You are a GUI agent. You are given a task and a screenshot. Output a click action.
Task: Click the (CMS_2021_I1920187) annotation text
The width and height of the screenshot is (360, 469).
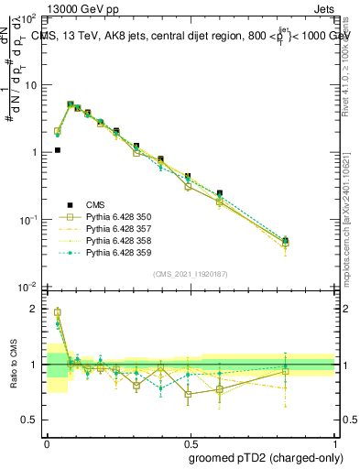[x=191, y=273]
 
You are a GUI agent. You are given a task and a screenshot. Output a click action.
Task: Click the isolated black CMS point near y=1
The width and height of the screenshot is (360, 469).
[x=57, y=150]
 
